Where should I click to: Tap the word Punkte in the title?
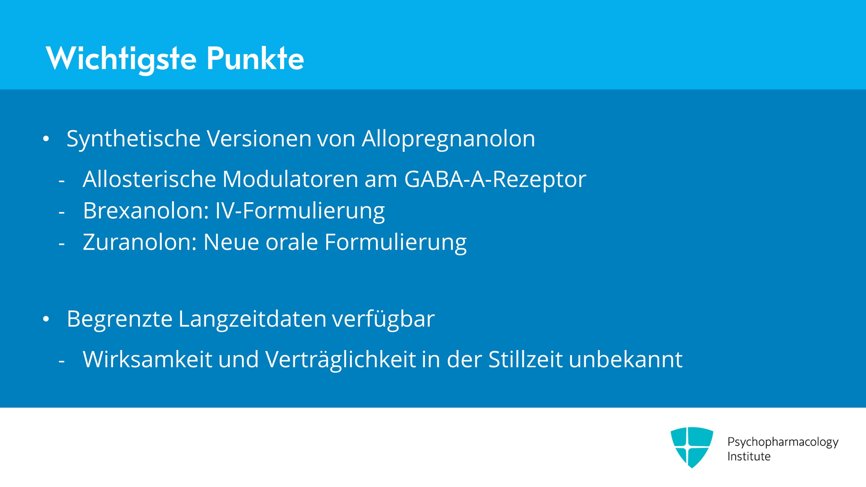click(255, 58)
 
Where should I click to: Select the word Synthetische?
click(134, 139)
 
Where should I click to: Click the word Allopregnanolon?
click(449, 139)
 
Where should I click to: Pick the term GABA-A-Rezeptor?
click(495, 180)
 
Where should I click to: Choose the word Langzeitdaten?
click(252, 319)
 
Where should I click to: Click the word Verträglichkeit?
click(341, 360)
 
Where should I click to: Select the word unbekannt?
click(626, 359)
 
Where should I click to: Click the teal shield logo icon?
click(692, 447)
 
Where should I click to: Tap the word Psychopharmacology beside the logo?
click(783, 442)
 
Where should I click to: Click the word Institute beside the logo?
click(749, 456)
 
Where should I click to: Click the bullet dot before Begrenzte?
click(46, 319)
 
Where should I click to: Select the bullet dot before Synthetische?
click(46, 139)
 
